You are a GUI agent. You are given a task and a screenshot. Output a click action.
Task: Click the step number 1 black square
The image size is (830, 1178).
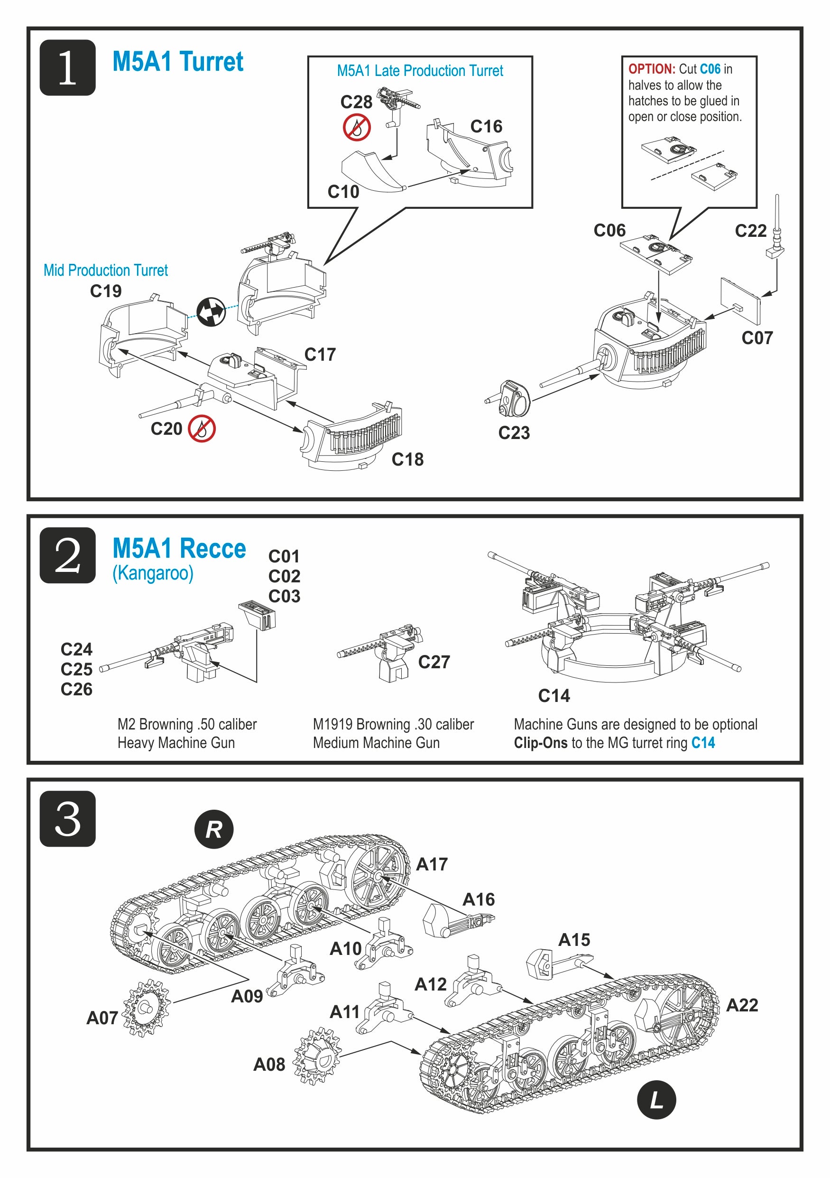[x=68, y=68]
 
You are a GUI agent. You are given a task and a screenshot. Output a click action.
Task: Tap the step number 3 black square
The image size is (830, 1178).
[x=68, y=819]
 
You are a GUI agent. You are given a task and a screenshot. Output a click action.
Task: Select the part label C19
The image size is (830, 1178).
[x=106, y=291]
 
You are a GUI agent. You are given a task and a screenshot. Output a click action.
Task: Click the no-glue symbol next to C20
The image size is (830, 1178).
[x=202, y=429]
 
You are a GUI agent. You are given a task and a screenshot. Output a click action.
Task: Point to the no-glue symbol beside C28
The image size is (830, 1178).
[x=357, y=127]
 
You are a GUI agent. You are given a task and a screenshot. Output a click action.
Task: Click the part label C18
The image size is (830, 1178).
[x=407, y=459]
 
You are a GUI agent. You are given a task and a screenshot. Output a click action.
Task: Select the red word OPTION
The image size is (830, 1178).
[x=652, y=69]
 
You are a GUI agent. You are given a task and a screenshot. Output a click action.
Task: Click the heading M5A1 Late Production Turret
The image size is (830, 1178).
[x=420, y=71]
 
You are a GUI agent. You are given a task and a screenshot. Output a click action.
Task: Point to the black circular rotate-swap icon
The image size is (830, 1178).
[x=211, y=311]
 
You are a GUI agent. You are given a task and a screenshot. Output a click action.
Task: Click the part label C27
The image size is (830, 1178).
[x=433, y=662]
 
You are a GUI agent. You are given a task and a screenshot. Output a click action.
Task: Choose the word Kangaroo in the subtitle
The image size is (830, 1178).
[x=153, y=573]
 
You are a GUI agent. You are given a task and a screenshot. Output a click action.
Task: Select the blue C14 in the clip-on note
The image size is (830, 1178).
[x=703, y=742]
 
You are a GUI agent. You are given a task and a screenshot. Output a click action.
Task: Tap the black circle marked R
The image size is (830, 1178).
[x=214, y=829]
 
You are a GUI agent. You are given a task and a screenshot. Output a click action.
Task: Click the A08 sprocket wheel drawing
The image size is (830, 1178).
[x=317, y=1056]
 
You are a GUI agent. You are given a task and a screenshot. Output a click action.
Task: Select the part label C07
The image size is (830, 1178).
[x=756, y=337]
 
